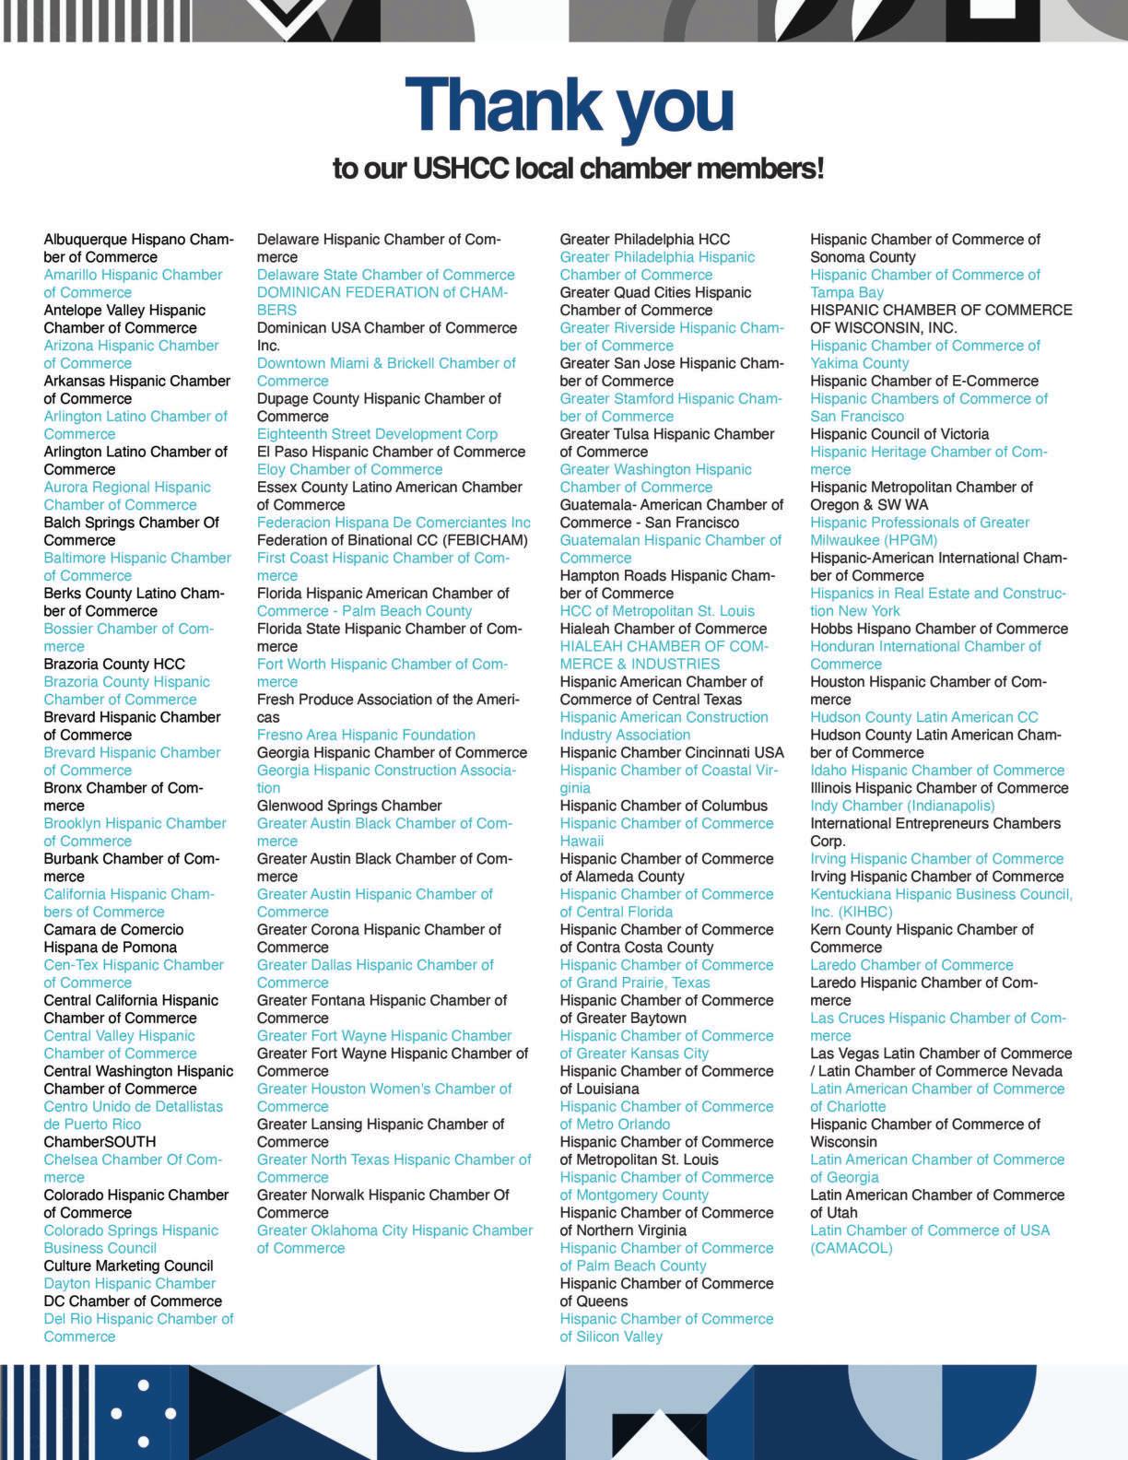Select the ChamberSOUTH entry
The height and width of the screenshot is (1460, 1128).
(100, 1142)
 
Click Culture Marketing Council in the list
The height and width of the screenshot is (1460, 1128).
(128, 1266)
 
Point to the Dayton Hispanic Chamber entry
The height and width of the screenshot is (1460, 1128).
(129, 1283)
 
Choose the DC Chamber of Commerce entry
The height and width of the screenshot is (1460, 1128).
(133, 1301)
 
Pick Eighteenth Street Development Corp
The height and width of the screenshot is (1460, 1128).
(377, 434)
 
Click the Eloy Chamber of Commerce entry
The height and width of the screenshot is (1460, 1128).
(349, 469)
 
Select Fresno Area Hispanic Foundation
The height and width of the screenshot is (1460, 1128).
(366, 735)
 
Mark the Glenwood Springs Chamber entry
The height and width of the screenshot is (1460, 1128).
(349, 806)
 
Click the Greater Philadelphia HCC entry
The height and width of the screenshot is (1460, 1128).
(644, 240)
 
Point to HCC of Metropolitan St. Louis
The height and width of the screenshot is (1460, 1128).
(656, 611)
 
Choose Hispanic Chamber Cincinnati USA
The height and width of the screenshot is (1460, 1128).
(672, 753)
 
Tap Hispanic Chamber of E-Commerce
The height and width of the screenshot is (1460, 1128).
(923, 381)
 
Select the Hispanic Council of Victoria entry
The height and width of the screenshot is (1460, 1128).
(899, 434)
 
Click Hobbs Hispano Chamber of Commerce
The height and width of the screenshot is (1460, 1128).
(938, 629)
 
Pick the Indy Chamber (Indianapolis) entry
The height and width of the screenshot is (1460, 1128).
(902, 806)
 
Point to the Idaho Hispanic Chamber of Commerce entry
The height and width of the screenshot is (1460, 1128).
(937, 771)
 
